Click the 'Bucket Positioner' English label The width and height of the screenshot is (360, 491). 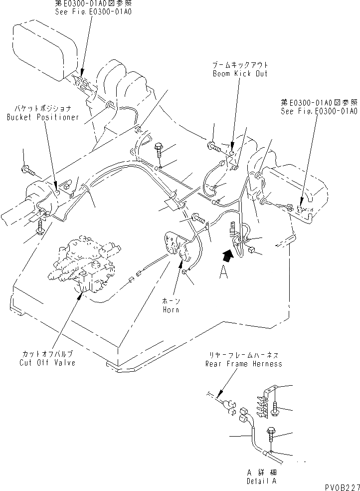(x=43, y=117)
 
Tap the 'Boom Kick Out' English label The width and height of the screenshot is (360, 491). (x=240, y=73)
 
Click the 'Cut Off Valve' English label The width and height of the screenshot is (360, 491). (x=48, y=362)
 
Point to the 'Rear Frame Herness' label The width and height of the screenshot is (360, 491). (x=243, y=364)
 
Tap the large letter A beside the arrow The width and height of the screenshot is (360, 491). (x=224, y=273)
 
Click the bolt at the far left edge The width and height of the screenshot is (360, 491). (x=29, y=171)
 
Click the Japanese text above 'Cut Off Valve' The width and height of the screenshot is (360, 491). (x=48, y=354)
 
